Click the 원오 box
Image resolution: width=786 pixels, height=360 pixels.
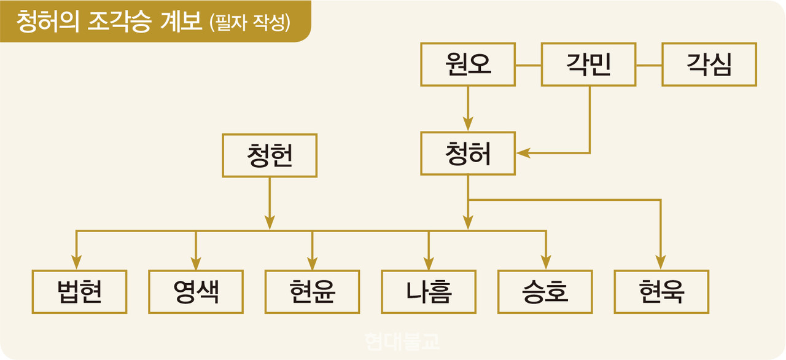468,65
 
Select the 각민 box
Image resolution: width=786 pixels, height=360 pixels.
588,65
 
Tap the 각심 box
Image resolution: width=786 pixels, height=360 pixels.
709,65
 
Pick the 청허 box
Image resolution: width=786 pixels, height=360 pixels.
468,154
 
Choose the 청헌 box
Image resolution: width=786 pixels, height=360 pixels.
270,156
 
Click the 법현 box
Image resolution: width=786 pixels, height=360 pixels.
80,292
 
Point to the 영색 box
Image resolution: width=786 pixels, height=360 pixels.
196,292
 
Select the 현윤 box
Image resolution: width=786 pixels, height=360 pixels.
313,292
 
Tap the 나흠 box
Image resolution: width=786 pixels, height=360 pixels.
429,292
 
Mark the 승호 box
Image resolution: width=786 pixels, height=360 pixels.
545,292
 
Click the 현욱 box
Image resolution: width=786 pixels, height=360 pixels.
661,292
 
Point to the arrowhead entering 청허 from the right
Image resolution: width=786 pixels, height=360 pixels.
523,153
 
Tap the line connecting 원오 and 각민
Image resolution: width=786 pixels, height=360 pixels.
528,65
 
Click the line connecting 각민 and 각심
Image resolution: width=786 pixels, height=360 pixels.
648,65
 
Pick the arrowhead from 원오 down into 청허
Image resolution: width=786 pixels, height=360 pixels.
468,122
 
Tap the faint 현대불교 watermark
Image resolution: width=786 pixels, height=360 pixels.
402,342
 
